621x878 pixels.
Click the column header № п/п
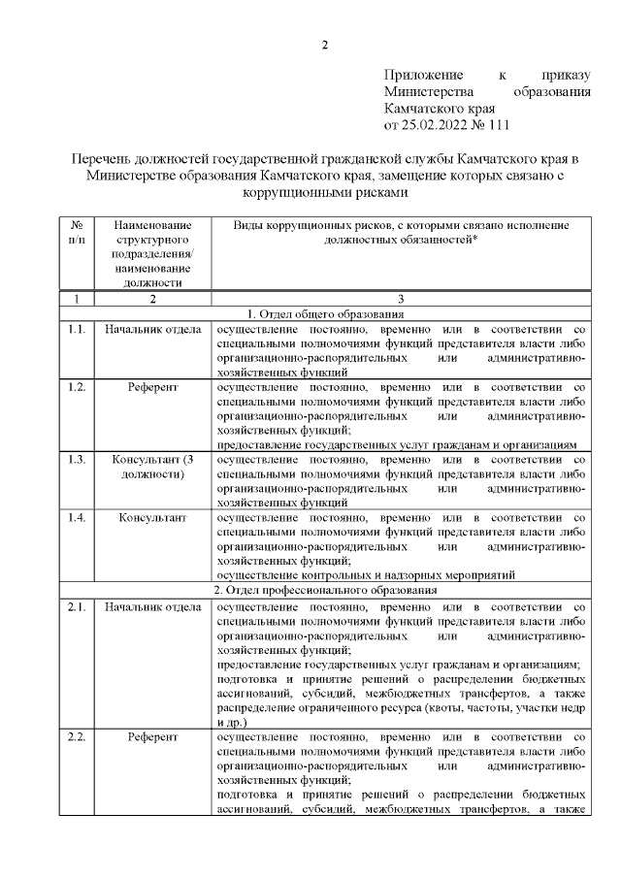coord(77,231)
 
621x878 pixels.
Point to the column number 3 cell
coord(400,299)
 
